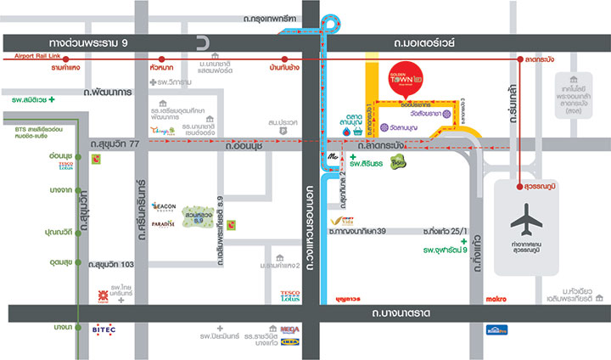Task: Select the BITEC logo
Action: pos(104,329)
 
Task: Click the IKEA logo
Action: pos(289,343)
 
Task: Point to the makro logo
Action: pos(472,298)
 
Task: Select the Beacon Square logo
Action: pos(163,205)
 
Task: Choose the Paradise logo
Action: pos(163,223)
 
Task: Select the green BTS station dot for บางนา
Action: pos(78,328)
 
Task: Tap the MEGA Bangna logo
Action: pos(289,329)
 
